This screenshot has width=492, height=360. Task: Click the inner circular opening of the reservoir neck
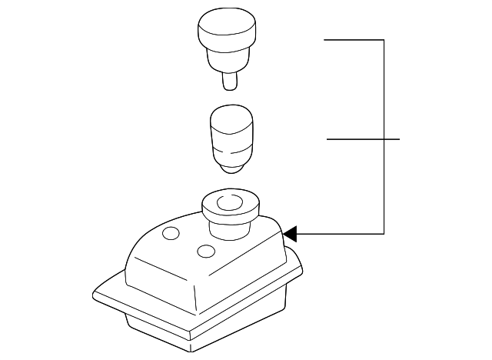click(229, 204)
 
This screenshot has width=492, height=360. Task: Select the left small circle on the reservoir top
click(171, 233)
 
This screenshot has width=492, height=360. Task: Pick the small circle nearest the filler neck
click(205, 251)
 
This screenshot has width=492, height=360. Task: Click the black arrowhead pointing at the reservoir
click(290, 232)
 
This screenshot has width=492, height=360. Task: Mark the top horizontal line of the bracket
click(354, 39)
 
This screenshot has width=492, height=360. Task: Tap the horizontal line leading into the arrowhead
click(338, 232)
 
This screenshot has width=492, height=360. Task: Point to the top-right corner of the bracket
click(383, 39)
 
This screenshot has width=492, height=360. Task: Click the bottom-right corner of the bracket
click(383, 232)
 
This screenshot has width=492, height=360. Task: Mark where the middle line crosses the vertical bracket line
click(383, 139)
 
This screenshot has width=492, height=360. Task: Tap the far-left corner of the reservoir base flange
click(93, 293)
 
